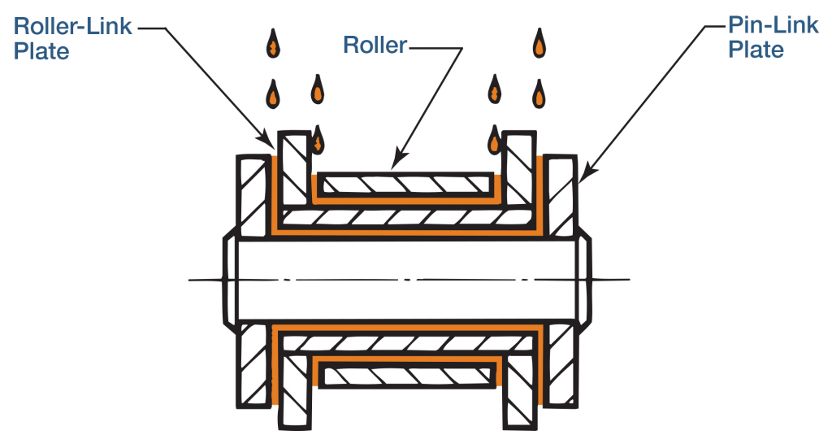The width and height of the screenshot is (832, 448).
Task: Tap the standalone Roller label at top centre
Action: [x=375, y=46]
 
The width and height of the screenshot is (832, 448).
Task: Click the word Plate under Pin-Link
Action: [x=756, y=50]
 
